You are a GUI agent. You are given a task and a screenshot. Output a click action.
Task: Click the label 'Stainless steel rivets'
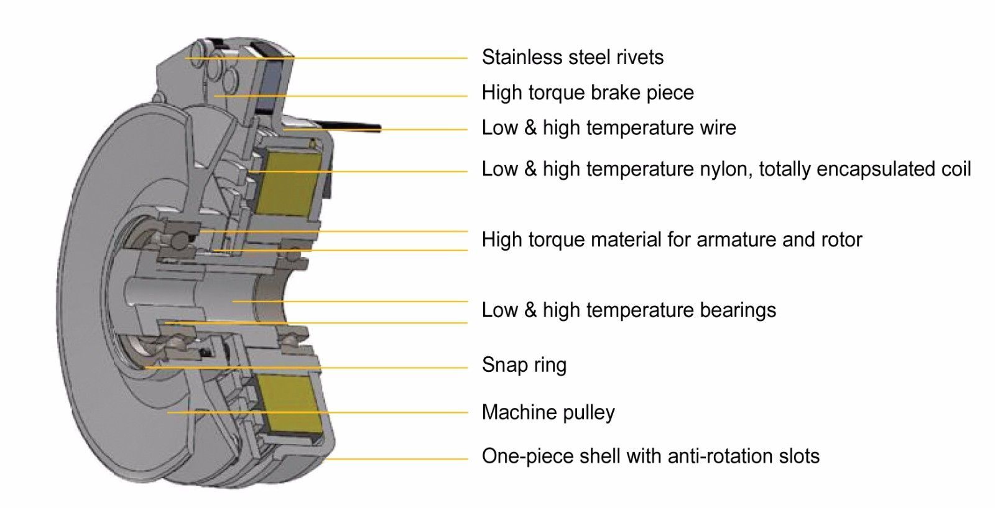pyautogui.click(x=572, y=57)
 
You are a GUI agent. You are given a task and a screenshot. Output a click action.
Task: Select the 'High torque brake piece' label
pyautogui.click(x=588, y=93)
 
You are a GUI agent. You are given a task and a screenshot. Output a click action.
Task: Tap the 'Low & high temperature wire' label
pyautogui.click(x=609, y=128)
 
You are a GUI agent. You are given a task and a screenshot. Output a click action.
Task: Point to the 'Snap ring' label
pyautogui.click(x=524, y=364)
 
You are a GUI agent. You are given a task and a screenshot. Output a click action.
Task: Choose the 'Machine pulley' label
pyautogui.click(x=548, y=412)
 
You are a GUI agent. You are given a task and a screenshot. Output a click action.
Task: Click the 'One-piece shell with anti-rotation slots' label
pyautogui.click(x=650, y=456)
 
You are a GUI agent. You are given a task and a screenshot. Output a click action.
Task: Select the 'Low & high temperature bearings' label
pyautogui.click(x=629, y=310)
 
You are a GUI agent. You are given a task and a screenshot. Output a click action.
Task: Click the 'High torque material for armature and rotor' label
pyautogui.click(x=672, y=239)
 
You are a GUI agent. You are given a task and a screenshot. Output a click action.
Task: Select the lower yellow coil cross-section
pyautogui.click(x=291, y=404)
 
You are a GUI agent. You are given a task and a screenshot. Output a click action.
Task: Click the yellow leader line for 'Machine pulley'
pyautogui.click(x=373, y=412)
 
